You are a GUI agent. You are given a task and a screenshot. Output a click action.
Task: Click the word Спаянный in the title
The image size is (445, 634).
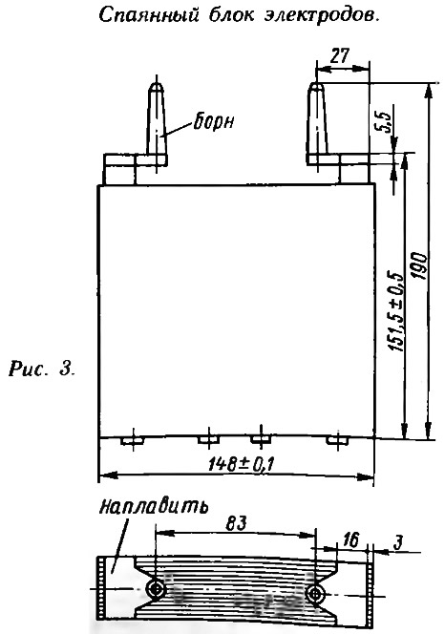(149, 15)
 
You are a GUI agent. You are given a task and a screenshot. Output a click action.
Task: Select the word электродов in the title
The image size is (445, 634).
(322, 15)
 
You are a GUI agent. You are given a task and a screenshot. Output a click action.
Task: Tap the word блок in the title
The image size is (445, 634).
(232, 14)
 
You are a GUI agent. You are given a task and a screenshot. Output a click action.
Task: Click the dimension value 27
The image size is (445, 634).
(339, 56)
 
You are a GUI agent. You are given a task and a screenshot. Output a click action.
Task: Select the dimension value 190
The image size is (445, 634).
(419, 266)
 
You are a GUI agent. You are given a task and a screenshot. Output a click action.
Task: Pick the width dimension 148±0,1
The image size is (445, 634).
(241, 464)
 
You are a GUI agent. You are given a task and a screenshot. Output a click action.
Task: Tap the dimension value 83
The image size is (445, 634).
(236, 523)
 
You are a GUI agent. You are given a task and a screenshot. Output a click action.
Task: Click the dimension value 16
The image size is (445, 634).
(350, 540)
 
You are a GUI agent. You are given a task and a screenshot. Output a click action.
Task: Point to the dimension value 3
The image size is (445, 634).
(398, 543)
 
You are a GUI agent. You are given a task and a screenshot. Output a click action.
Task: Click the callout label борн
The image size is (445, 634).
(214, 121)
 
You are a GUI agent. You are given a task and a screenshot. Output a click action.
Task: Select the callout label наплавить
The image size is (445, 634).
(154, 505)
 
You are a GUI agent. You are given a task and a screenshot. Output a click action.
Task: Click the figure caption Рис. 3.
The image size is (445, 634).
(42, 370)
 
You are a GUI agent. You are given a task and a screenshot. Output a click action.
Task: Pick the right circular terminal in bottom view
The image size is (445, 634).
(315, 594)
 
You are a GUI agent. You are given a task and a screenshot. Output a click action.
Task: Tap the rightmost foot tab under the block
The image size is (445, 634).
(337, 439)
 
